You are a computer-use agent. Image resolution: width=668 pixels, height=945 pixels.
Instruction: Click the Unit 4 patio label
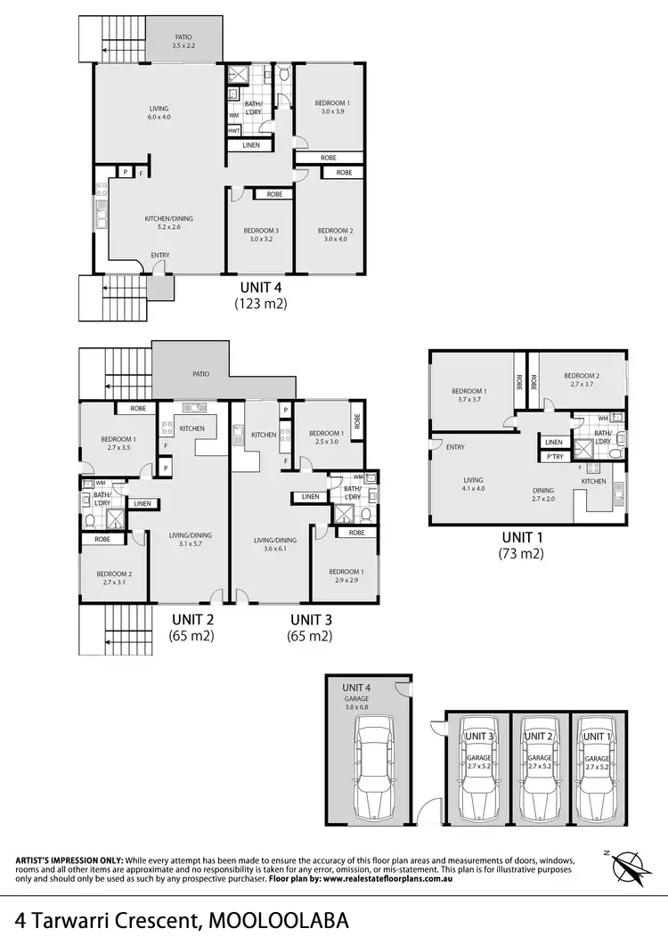(x=183, y=37)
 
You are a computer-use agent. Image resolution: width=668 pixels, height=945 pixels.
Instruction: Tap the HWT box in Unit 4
(x=233, y=130)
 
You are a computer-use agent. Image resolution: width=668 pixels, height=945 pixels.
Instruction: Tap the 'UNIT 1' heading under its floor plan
(x=522, y=538)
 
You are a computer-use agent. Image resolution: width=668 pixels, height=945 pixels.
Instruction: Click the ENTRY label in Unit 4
(x=160, y=256)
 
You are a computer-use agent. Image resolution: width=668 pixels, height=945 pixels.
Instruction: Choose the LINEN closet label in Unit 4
(x=250, y=145)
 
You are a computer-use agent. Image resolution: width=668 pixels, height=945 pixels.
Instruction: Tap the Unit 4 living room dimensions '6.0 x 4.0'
(x=159, y=117)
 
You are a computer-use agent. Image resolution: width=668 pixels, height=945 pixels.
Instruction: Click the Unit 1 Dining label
(x=542, y=490)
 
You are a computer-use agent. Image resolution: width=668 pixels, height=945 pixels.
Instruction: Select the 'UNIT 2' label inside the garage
(x=538, y=737)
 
